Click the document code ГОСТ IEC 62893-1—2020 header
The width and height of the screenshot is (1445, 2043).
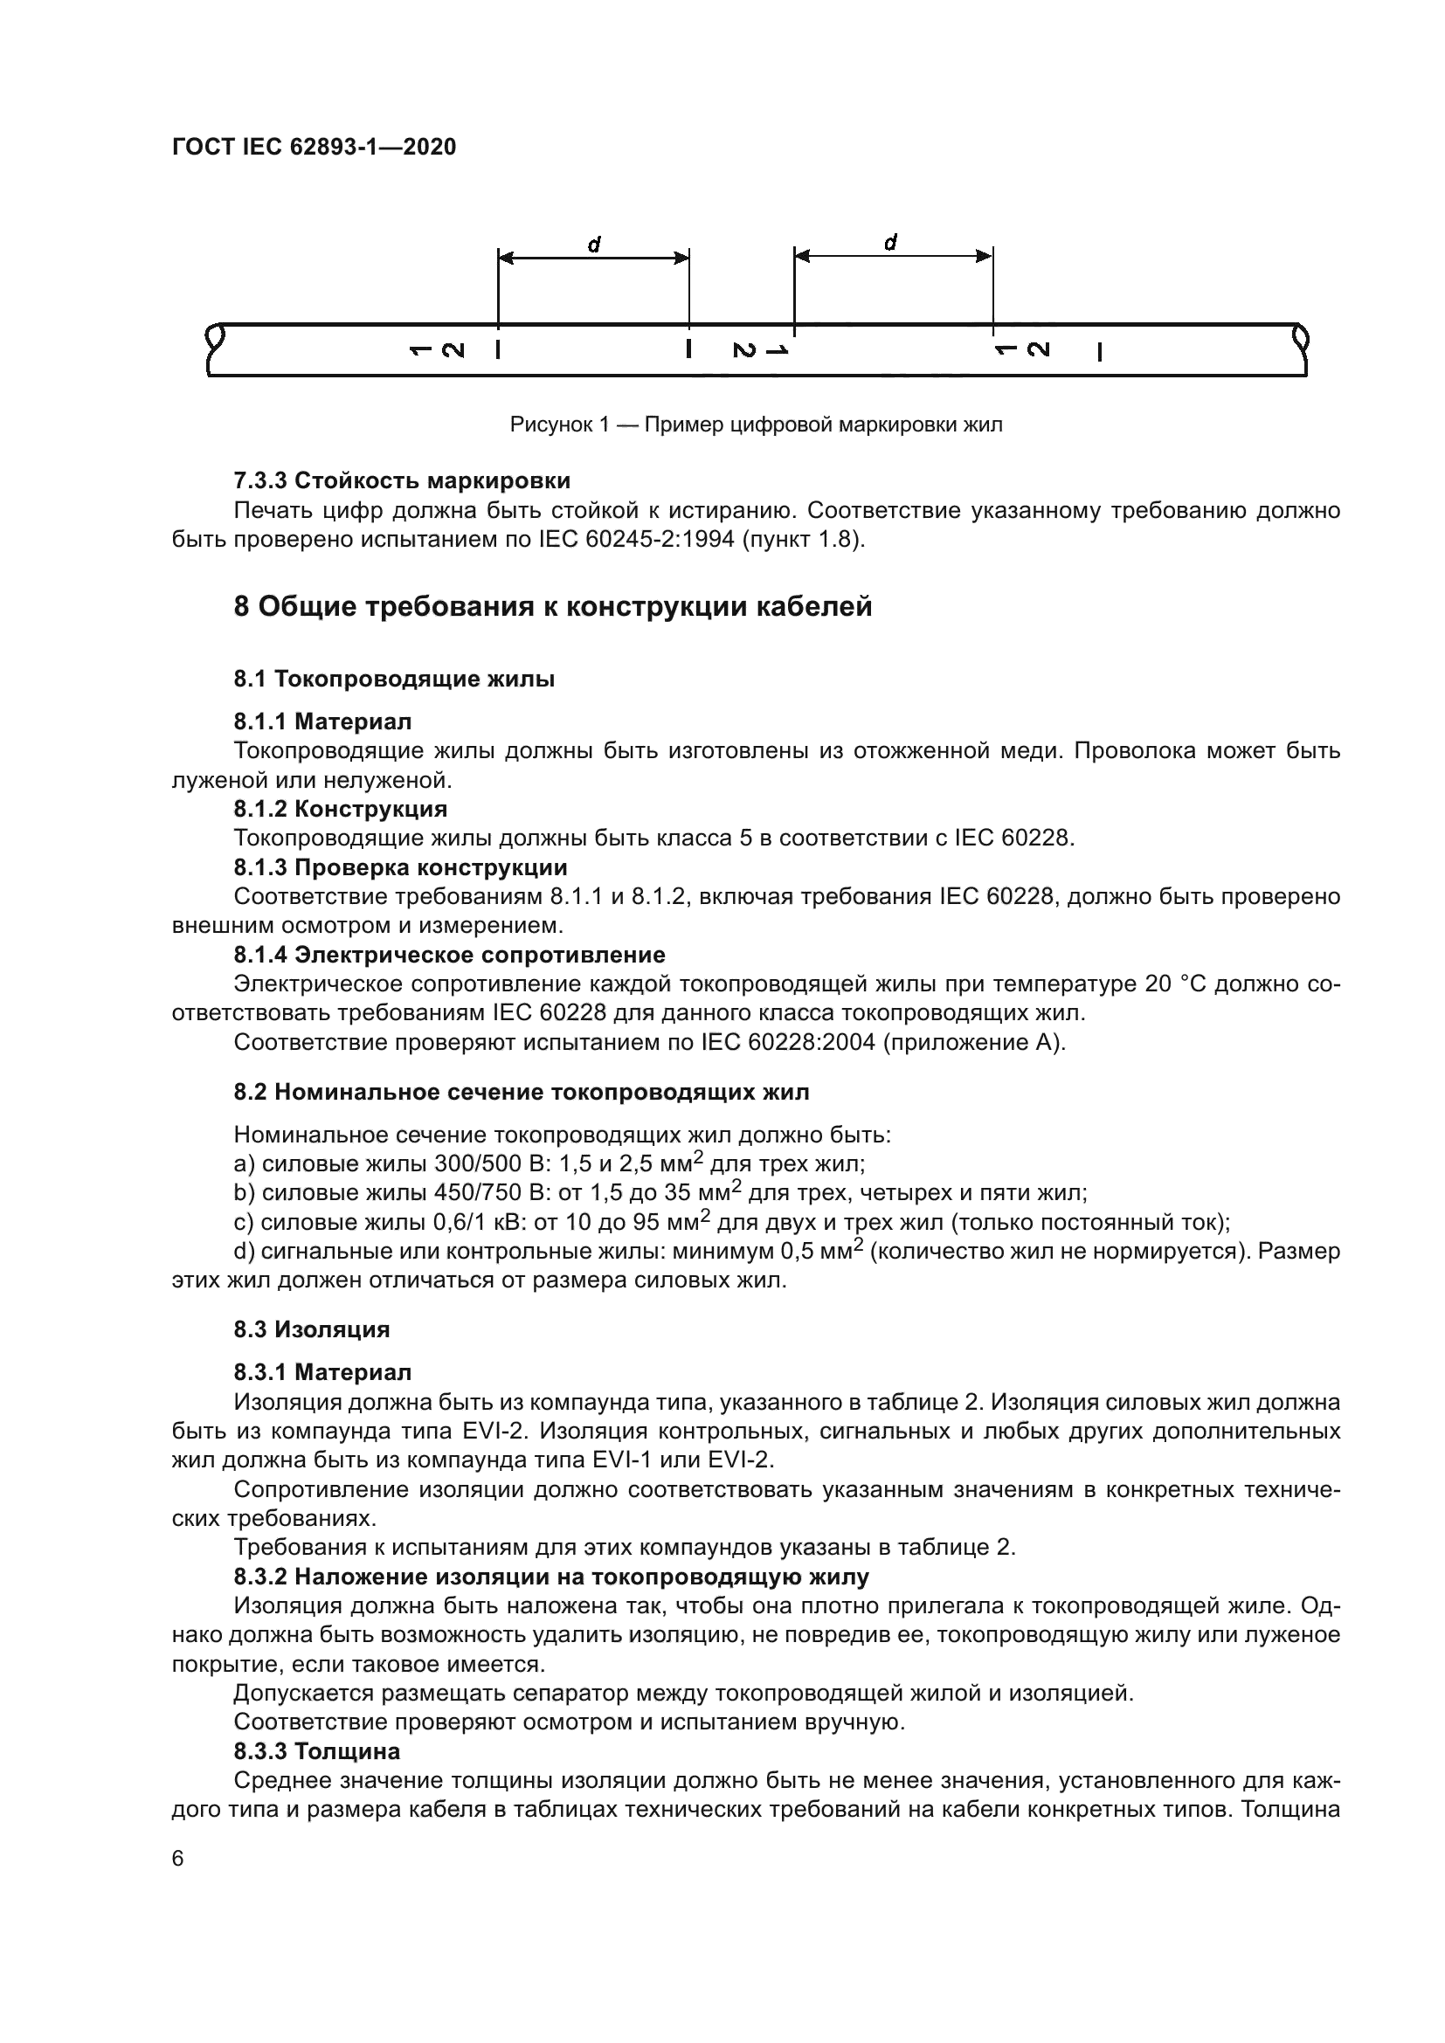(314, 147)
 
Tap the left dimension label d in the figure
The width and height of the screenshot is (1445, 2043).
(594, 243)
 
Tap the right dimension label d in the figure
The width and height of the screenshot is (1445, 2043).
(890, 241)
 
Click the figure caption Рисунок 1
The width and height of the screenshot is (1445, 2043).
(756, 424)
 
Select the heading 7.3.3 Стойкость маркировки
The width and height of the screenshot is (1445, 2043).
(401, 480)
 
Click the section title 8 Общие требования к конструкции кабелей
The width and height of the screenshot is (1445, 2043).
(552, 607)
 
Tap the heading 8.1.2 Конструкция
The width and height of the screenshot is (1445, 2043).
(340, 809)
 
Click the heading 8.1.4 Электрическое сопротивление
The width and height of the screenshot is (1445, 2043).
(449, 955)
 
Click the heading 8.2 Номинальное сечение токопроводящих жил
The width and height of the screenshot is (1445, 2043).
(522, 1092)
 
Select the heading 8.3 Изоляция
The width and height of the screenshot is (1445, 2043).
(311, 1329)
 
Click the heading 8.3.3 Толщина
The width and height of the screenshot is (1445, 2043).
(317, 1751)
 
